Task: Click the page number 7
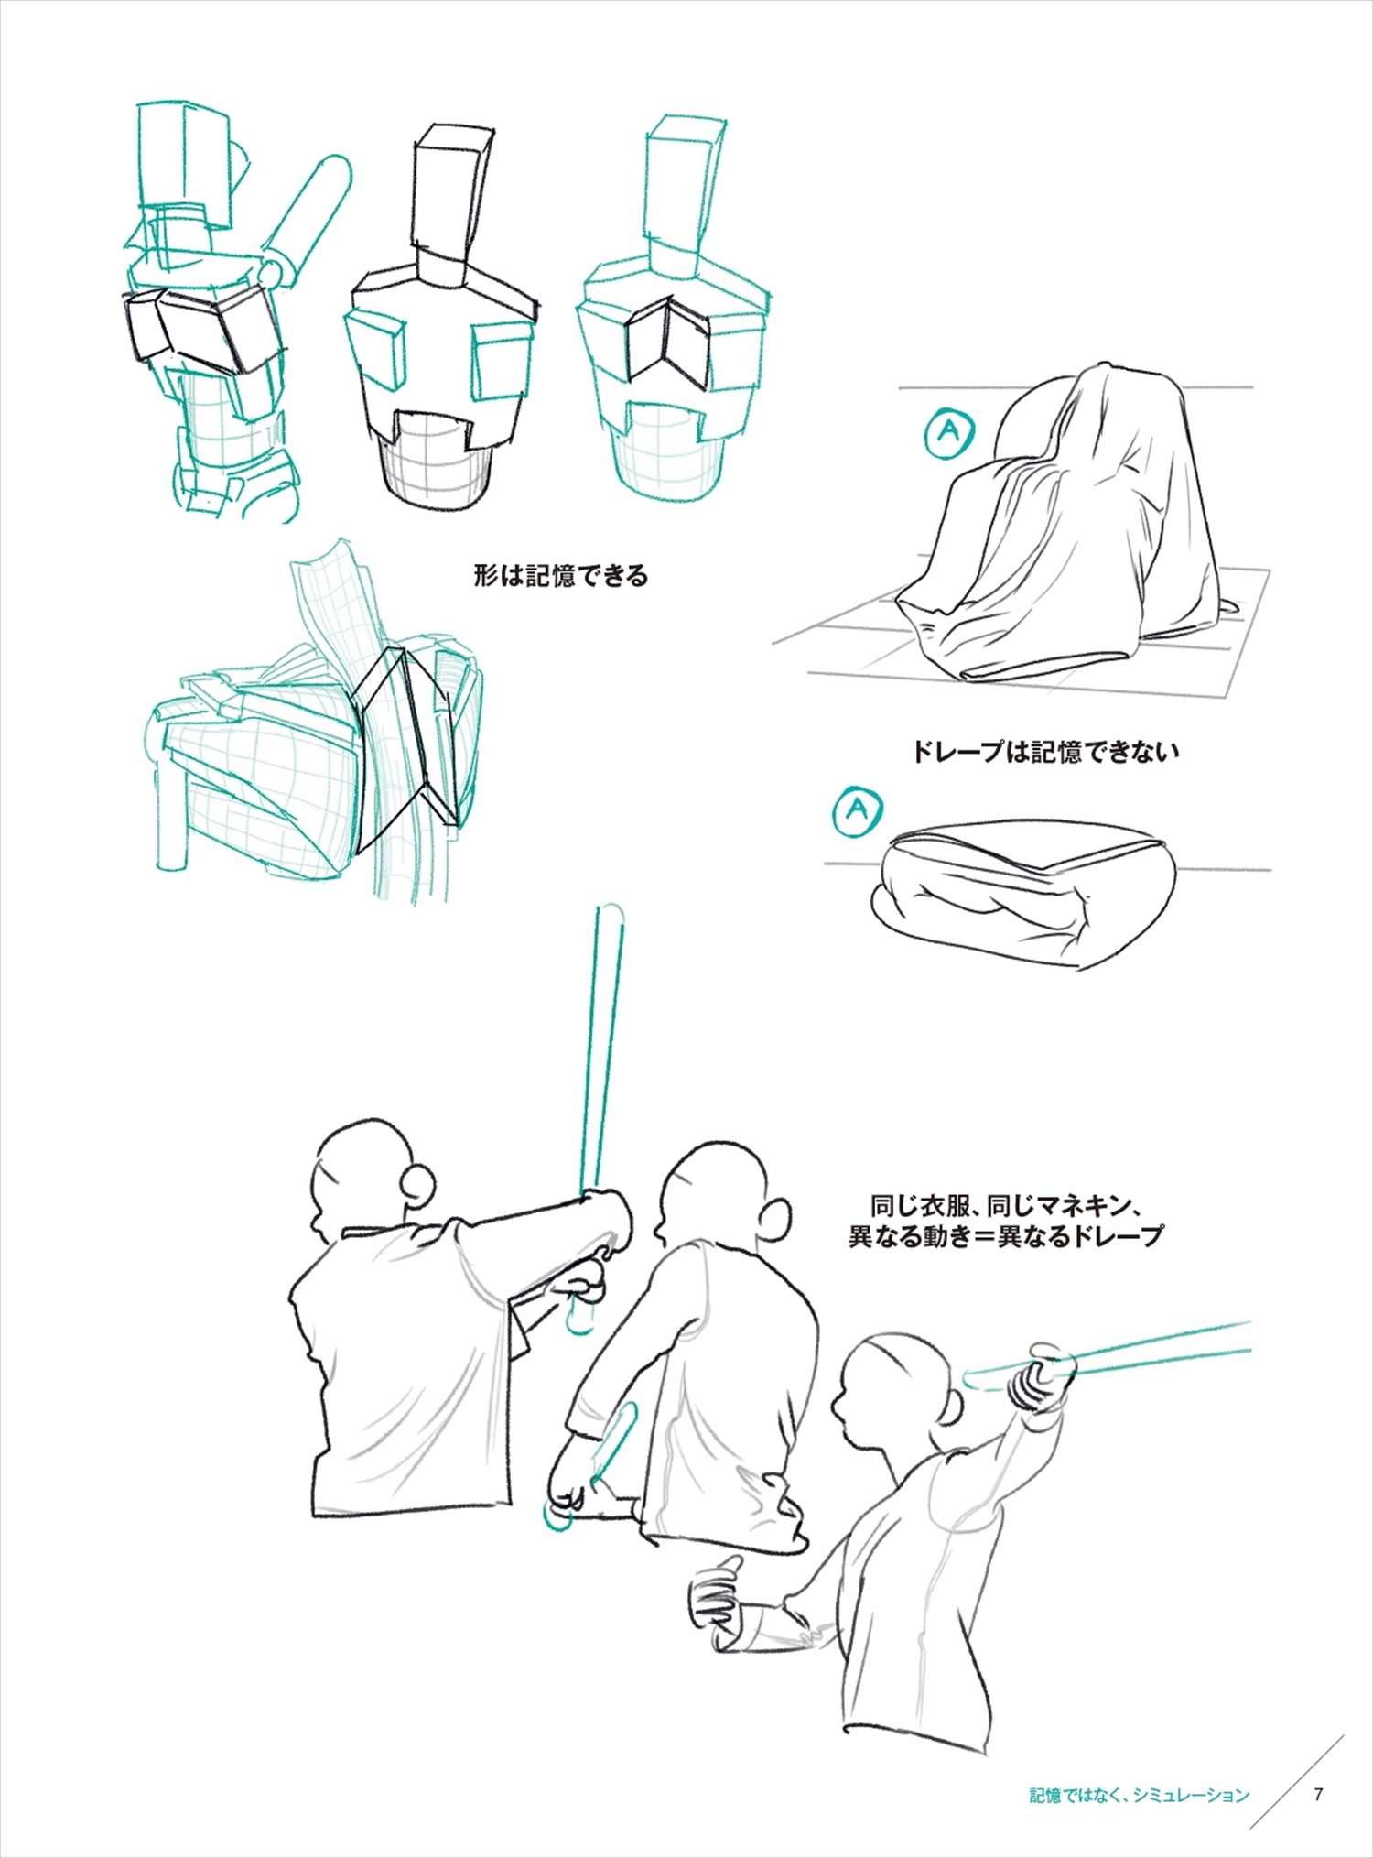tap(1318, 1794)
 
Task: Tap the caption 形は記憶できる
tap(560, 576)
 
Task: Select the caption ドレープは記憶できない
tap(1044, 752)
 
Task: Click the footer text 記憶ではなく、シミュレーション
tap(1139, 1795)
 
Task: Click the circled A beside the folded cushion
tap(858, 809)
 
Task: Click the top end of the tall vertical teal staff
tap(611, 910)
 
